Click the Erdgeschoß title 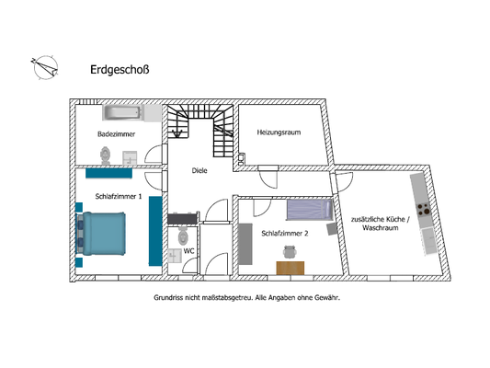point(120,69)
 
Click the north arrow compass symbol point(43,65)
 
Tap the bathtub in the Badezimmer point(120,113)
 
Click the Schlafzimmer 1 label point(119,196)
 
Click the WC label point(188,250)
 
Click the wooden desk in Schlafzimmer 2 point(290,267)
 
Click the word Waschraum point(381,227)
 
